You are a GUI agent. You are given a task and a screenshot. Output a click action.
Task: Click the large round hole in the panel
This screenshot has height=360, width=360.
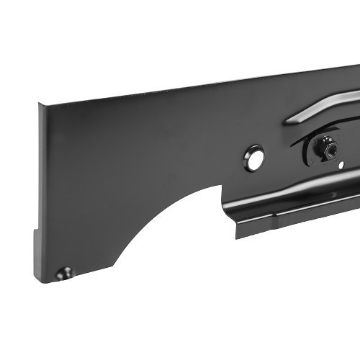pyautogui.click(x=253, y=158)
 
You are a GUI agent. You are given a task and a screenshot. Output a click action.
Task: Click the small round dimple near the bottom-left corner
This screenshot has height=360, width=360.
pyautogui.click(x=66, y=274)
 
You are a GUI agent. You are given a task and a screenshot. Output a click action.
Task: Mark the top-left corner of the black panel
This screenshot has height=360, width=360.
pyautogui.click(x=40, y=104)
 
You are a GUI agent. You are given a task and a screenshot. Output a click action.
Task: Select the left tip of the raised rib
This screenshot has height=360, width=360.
pyautogui.click(x=287, y=122)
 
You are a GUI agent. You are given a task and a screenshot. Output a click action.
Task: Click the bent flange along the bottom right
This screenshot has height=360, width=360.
pyautogui.click(x=302, y=216)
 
